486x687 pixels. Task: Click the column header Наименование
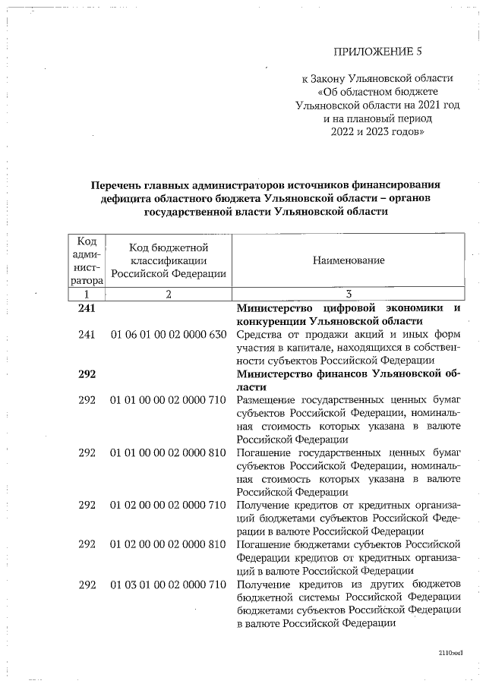tap(349, 260)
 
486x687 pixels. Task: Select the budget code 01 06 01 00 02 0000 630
tap(169, 336)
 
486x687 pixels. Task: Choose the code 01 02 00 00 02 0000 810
tap(169, 544)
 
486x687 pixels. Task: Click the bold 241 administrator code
tap(89, 308)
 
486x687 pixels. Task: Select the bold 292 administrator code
tap(89, 373)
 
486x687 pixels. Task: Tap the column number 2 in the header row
tap(169, 294)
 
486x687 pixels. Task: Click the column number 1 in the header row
tap(87, 294)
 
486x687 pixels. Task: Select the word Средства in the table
tap(260, 336)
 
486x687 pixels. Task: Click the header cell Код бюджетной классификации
tap(169, 260)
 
